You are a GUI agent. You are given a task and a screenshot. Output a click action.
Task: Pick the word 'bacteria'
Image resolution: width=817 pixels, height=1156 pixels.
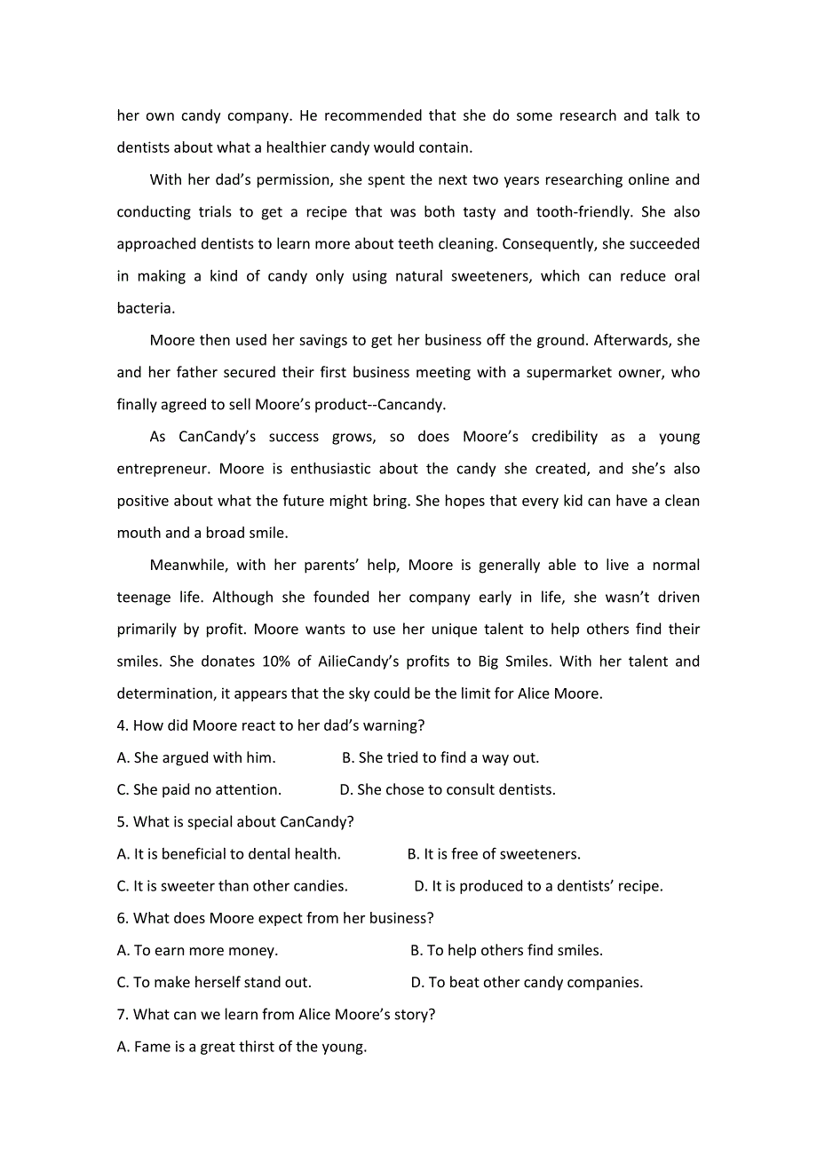[145, 308]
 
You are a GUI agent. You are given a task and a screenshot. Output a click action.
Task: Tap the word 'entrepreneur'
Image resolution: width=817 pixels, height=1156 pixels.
[163, 469]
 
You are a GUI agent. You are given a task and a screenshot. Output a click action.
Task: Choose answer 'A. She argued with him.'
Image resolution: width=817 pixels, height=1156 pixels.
[196, 758]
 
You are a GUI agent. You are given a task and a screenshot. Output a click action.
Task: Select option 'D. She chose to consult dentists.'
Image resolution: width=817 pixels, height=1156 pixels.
[448, 790]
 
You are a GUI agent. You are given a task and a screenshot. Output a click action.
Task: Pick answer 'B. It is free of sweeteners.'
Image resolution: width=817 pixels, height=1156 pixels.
[494, 854]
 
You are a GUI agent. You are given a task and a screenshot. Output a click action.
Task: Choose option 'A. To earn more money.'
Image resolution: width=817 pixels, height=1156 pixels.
[197, 951]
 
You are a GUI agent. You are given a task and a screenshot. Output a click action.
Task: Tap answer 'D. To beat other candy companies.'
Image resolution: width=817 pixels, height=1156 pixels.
[527, 983]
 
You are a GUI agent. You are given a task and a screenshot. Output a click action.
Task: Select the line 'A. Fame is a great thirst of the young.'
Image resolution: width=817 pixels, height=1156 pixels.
[242, 1048]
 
